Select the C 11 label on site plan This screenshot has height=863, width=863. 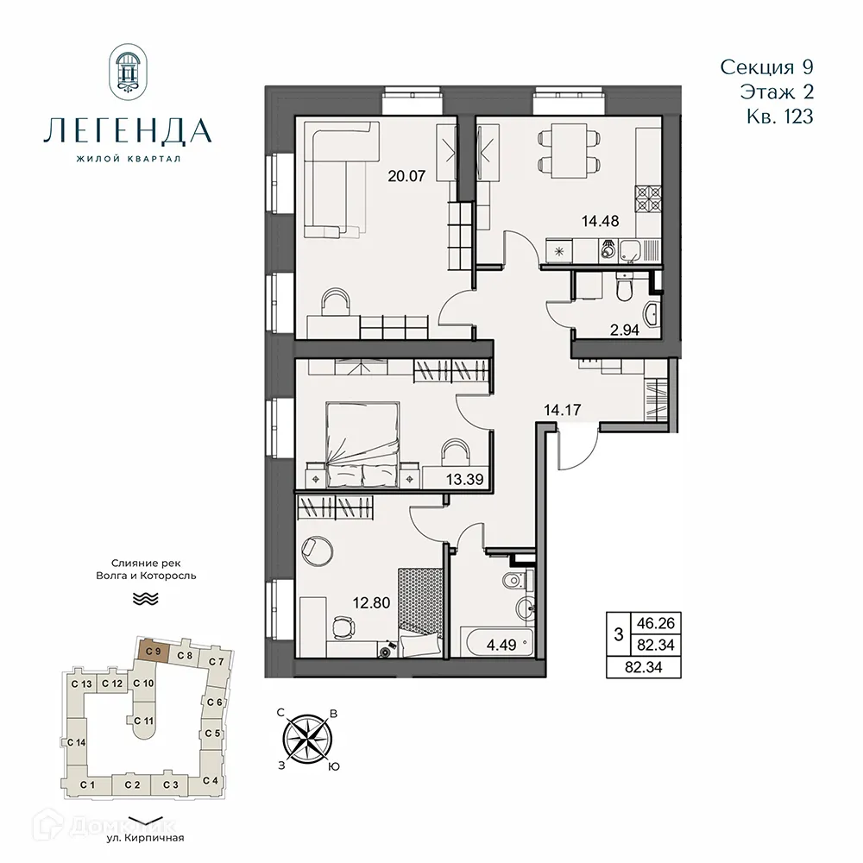(x=143, y=721)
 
